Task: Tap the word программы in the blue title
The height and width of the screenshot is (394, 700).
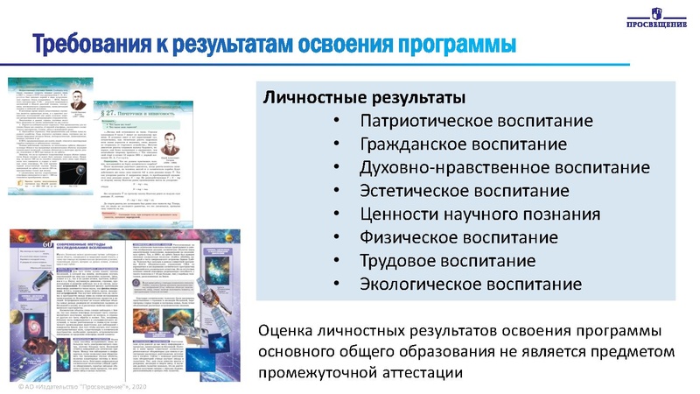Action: click(x=455, y=43)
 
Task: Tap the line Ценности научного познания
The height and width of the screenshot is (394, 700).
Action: click(x=479, y=214)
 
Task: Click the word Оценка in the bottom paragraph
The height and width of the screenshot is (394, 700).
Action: click(x=291, y=330)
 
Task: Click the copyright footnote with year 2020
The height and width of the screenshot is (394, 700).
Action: click(x=79, y=386)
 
